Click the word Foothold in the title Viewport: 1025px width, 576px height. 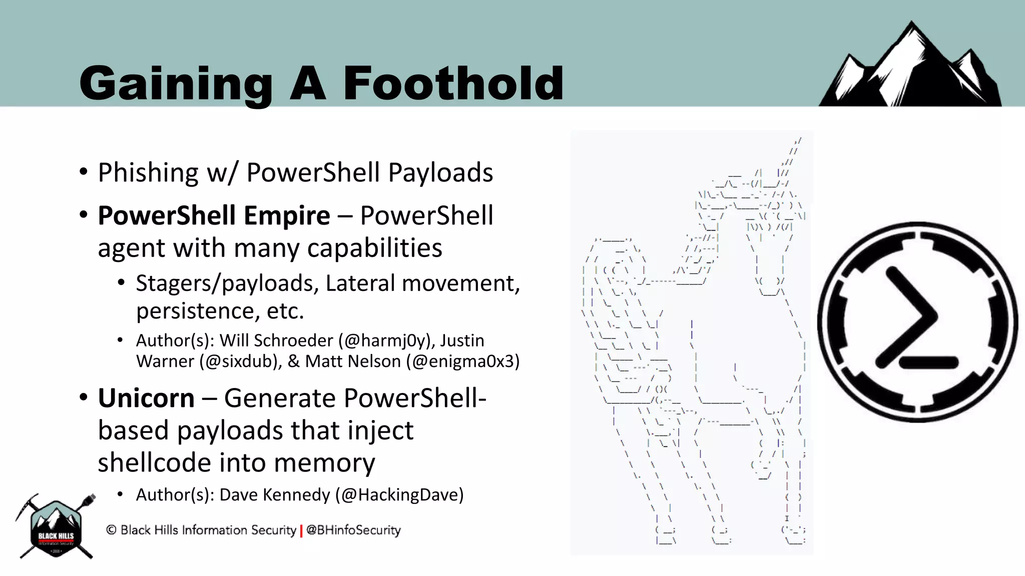point(453,83)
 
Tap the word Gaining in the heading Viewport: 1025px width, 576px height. point(176,84)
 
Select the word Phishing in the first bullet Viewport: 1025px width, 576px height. point(148,173)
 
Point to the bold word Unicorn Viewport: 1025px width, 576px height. point(146,398)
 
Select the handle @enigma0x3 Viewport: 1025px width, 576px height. point(463,361)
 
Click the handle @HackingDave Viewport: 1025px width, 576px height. point(399,495)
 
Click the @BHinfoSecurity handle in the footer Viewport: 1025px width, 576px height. point(353,530)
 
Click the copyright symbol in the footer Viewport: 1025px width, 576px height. point(111,530)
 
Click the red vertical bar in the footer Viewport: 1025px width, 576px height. point(301,530)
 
